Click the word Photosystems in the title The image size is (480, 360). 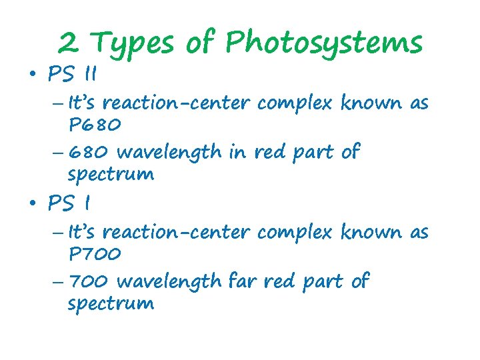324,43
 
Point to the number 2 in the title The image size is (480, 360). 67,43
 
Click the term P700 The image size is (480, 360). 94,254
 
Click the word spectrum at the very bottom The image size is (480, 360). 111,305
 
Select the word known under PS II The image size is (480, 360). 371,103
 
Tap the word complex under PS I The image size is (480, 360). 295,233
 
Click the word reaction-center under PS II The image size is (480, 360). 177,103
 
